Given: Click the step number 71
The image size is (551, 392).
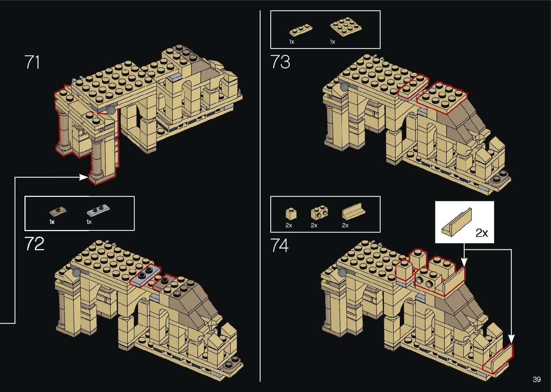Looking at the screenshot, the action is coord(32,62).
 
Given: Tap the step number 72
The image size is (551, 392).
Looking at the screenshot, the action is coord(35,244).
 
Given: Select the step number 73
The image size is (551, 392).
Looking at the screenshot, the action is coord(280,62).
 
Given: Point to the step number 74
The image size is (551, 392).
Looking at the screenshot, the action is coord(280,245).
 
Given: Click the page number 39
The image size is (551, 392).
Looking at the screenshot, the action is coord(537,379).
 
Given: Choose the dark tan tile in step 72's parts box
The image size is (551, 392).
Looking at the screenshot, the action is coord(58,211).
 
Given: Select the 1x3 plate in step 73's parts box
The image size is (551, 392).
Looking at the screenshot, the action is coord(301,30).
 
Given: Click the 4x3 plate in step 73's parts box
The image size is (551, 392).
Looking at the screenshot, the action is coord(345,27).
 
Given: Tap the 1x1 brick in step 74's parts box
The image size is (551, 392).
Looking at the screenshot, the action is coord(290,214).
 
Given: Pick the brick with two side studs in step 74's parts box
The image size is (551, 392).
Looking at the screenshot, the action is coord(319,213).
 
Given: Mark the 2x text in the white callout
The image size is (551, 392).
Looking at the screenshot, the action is coord(482,233).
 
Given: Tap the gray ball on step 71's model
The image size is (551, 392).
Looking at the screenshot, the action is coord(111,110).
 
